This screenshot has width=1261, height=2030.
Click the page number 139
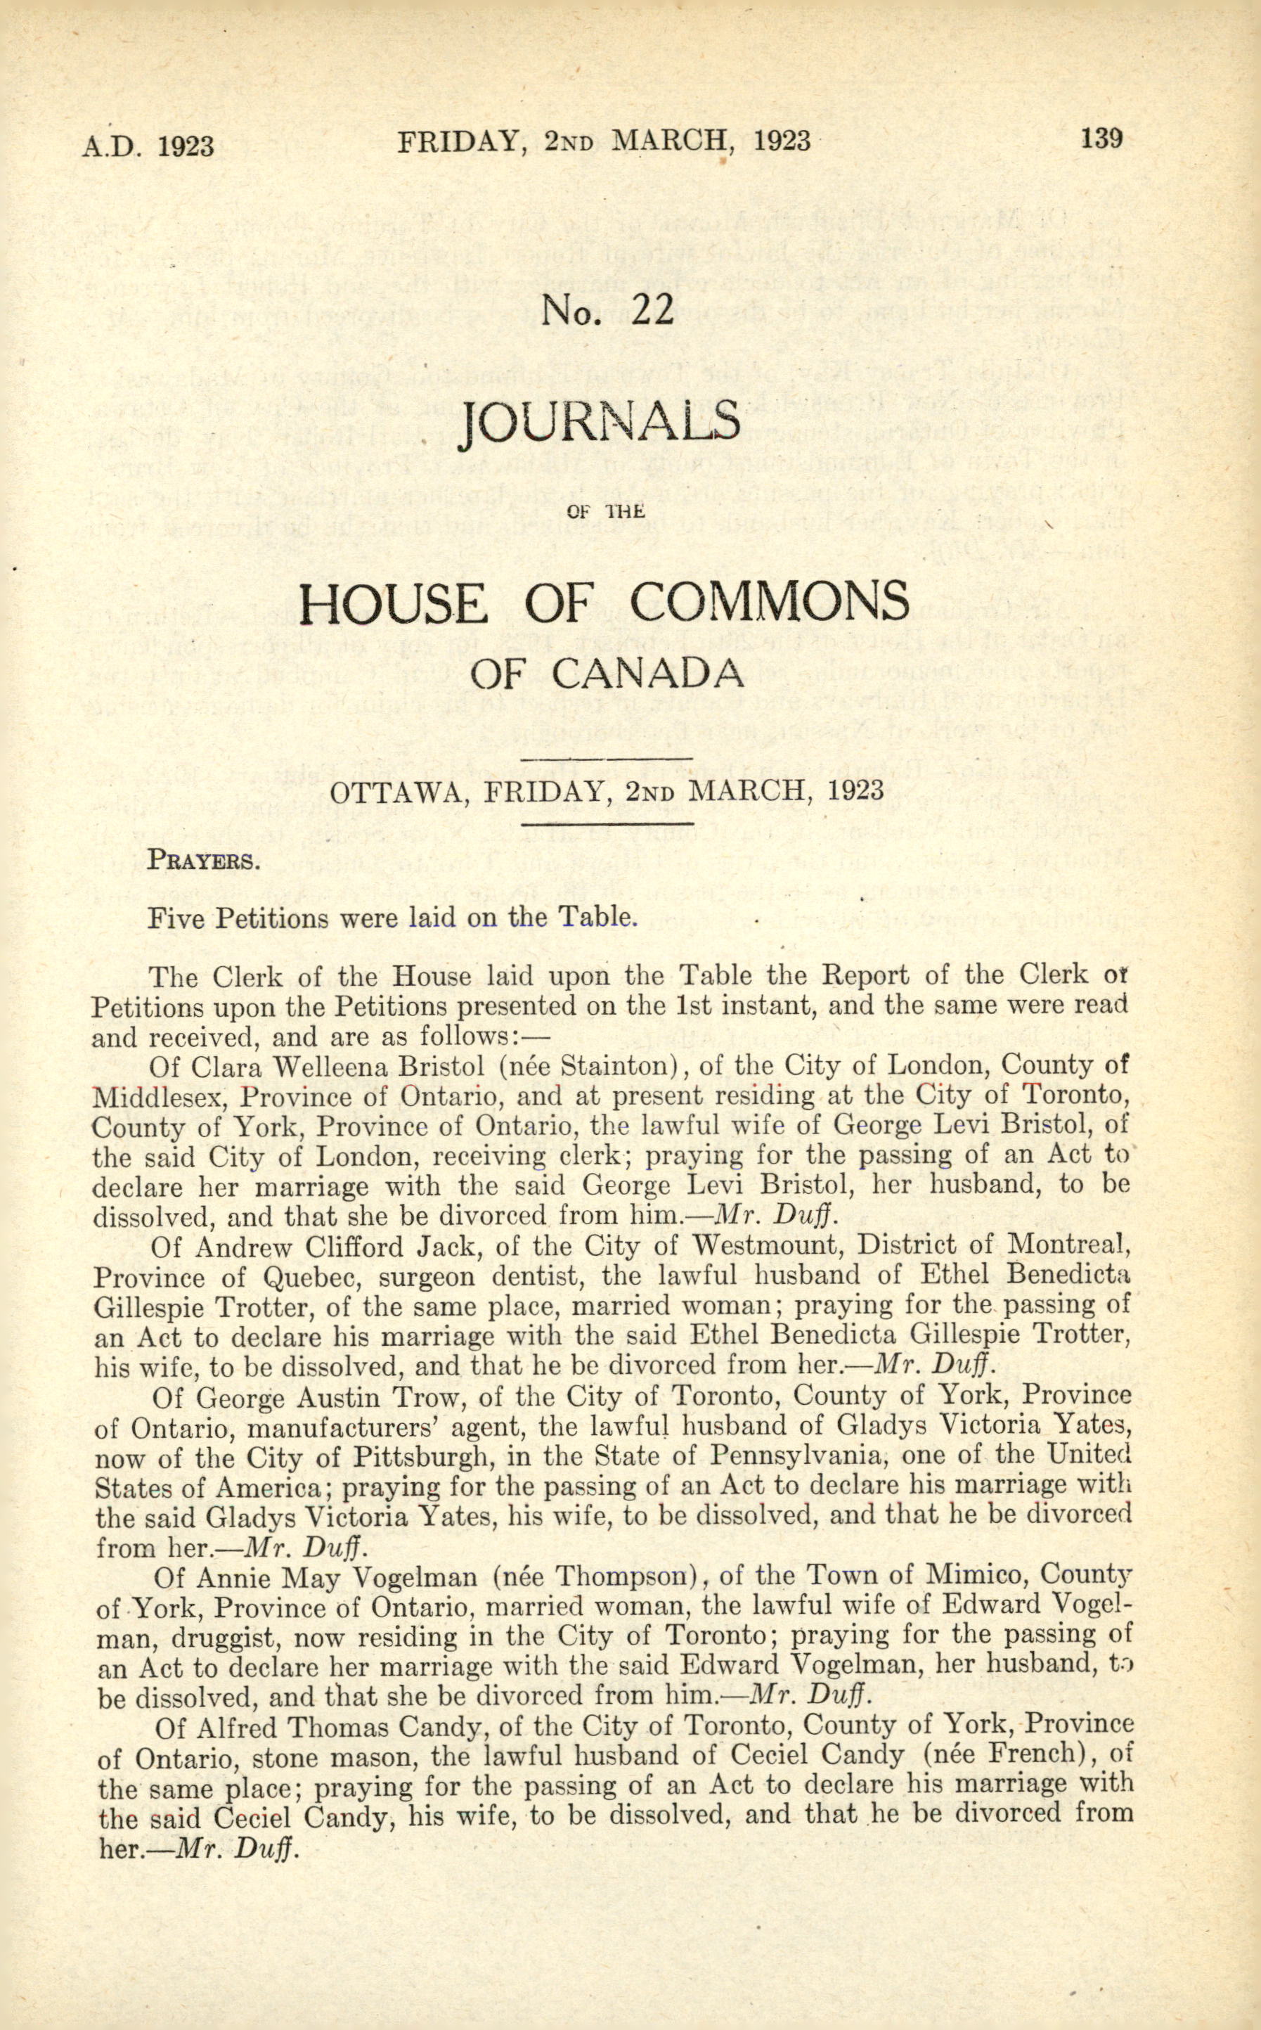pyautogui.click(x=1101, y=138)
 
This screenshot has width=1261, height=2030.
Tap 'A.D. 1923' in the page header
pyautogui.click(x=148, y=146)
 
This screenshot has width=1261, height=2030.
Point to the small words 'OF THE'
pyautogui.click(x=605, y=511)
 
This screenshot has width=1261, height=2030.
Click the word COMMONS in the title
pyautogui.click(x=768, y=602)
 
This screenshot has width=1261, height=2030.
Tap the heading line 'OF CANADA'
pyautogui.click(x=605, y=672)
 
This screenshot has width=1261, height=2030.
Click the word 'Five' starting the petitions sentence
pyautogui.click(x=178, y=918)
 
